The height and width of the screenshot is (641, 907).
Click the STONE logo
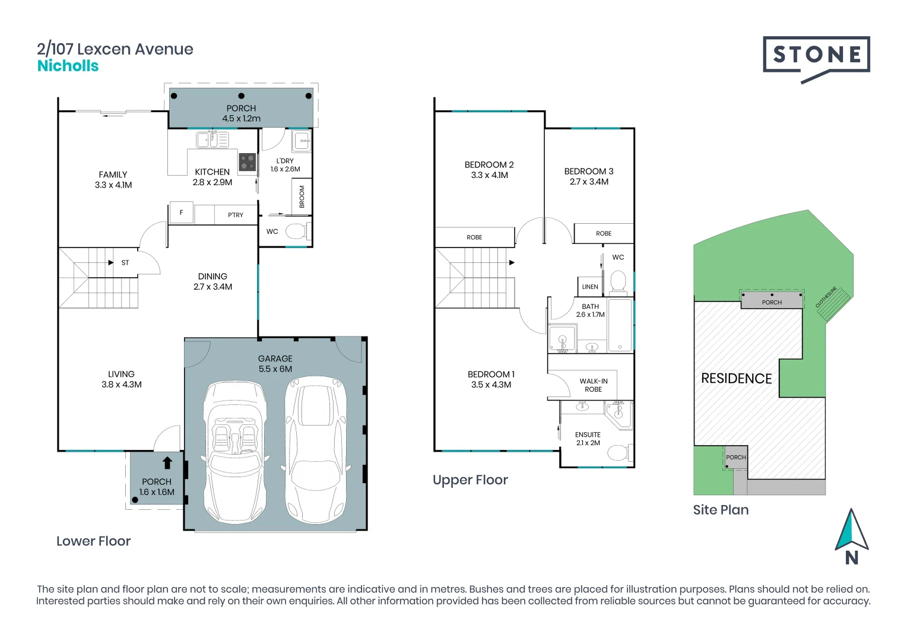click(816, 56)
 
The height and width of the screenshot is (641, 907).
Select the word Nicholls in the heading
click(68, 66)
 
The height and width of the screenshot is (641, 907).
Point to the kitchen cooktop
click(247, 161)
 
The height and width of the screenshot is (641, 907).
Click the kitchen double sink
click(212, 140)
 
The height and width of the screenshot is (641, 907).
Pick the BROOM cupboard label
click(302, 196)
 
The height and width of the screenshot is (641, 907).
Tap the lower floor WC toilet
click(296, 231)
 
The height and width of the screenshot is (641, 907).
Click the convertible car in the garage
click(234, 451)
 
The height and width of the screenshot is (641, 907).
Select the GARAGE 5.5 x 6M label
click(275, 363)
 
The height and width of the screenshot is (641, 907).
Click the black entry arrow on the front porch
click(167, 463)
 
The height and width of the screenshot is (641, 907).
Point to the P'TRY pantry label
click(236, 215)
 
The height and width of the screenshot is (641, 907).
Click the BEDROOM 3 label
click(589, 176)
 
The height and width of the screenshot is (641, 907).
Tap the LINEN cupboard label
click(590, 287)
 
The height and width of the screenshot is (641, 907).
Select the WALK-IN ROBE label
click(594, 385)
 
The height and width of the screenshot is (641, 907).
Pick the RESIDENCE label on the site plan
click(737, 379)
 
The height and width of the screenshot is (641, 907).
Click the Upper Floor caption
click(470, 480)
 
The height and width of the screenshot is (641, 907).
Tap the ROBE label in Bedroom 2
click(474, 237)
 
